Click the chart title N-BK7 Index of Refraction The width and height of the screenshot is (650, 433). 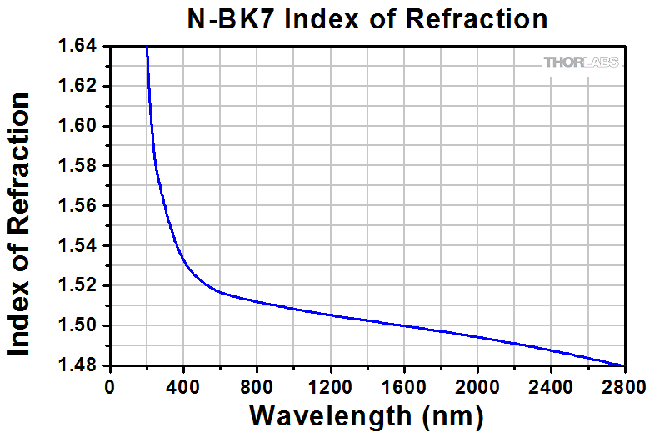[366, 19]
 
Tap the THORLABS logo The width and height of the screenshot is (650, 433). [581, 63]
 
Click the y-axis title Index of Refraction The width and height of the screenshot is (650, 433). [20, 225]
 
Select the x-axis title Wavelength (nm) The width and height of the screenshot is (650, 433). [366, 415]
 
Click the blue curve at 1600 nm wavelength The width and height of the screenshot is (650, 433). [404, 325]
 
